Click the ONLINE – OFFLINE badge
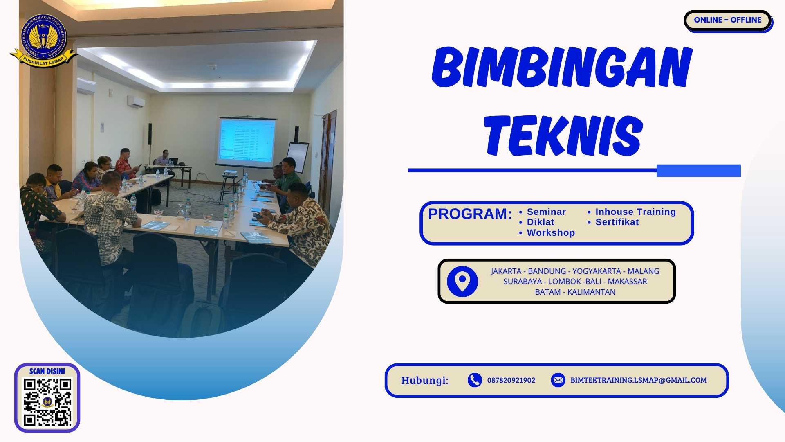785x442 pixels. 727,20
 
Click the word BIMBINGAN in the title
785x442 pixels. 562,67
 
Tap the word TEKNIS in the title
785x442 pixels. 563,135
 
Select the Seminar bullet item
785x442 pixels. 546,212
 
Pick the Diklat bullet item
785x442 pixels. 540,222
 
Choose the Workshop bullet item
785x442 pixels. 550,233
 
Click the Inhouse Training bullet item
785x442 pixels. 635,212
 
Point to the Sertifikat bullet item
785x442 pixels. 617,222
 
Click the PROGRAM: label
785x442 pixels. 469,214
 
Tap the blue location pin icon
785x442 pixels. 462,282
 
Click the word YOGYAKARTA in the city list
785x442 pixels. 596,271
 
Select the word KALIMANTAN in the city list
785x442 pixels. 591,292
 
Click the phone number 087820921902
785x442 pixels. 511,380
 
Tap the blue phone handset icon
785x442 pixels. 474,380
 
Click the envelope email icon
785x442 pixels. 558,380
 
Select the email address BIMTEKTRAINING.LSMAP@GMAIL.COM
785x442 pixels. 638,380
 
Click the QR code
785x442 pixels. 47,402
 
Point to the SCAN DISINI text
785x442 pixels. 47,371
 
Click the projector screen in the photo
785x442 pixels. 247,140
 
